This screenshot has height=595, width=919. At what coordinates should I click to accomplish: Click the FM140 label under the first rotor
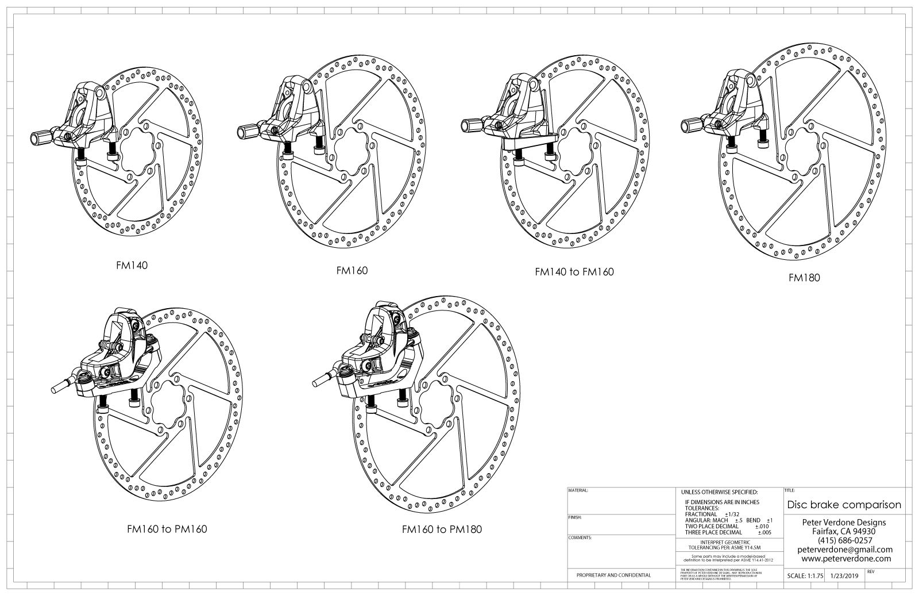132,266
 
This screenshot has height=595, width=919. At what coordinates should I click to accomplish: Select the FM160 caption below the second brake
352,270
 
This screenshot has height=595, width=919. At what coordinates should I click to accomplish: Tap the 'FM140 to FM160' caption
574,272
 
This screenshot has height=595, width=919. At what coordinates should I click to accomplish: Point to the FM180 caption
804,278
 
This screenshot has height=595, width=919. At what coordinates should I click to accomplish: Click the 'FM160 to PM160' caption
167,529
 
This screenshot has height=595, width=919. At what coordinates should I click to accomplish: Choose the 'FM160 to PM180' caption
442,529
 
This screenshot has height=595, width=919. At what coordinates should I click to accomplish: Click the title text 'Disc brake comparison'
844,505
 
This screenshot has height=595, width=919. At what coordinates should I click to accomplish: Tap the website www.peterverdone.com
846,558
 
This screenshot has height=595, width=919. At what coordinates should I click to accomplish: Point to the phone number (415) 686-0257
844,540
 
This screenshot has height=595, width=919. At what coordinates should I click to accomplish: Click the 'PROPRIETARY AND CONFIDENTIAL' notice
613,575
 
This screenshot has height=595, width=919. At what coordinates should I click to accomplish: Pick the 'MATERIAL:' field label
578,492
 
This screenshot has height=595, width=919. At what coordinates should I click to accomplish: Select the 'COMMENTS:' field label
580,538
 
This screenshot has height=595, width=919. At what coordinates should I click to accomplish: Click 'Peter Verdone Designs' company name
844,523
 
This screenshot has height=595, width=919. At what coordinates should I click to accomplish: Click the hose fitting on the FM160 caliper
247,132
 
